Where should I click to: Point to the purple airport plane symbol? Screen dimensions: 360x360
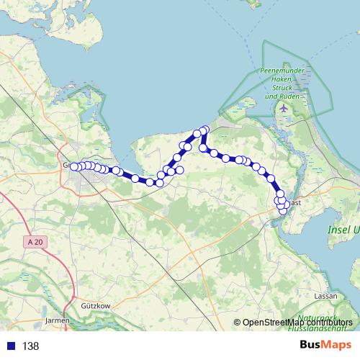(284, 108)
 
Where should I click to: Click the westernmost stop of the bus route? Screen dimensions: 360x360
(73, 166)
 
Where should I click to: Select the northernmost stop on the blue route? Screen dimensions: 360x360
(204, 130)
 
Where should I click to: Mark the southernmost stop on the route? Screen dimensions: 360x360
(283, 211)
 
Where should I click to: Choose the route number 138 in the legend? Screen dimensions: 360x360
(30, 346)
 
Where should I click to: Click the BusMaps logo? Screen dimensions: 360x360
(326, 346)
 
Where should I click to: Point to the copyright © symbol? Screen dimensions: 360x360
(237, 322)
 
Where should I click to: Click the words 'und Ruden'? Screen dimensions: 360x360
(279, 96)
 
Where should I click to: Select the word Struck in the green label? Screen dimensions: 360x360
(279, 88)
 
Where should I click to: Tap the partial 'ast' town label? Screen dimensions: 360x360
(295, 203)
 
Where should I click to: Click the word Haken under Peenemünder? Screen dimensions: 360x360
(279, 79)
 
